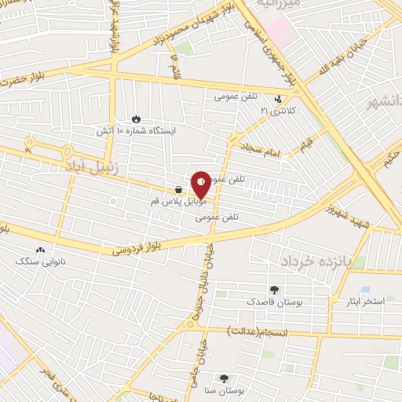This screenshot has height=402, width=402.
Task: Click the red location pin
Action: pyautogui.click(x=202, y=184)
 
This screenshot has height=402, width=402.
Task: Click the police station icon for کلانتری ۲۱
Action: pyautogui.click(x=279, y=100)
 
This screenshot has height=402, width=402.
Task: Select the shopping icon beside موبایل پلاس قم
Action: pyautogui.click(x=180, y=190)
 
